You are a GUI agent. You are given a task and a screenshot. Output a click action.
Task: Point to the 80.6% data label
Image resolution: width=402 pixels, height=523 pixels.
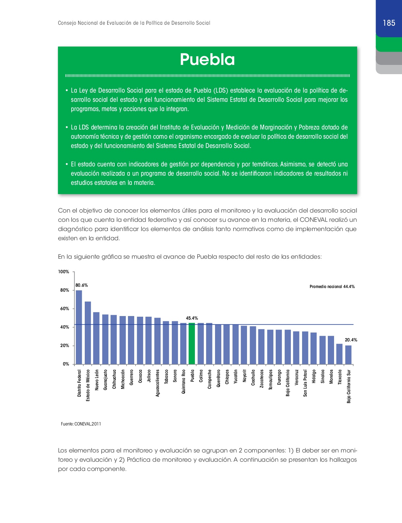pyautogui.click(x=81, y=285)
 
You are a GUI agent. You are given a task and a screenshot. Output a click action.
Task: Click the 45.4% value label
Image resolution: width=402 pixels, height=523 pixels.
pyautogui.click(x=192, y=318)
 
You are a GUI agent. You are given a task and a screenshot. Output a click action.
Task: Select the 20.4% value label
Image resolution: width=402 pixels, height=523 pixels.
pyautogui.click(x=351, y=340)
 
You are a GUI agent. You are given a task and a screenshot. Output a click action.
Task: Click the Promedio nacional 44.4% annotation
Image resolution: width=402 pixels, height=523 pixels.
pyautogui.click(x=332, y=287)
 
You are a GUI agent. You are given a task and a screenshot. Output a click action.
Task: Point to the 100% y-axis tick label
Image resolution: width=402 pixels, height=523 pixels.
pyautogui.click(x=64, y=272)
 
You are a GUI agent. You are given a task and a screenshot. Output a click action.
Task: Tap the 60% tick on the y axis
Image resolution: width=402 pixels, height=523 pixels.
pyautogui.click(x=65, y=309)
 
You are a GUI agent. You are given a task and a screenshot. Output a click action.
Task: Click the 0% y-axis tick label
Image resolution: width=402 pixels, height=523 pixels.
pyautogui.click(x=66, y=364)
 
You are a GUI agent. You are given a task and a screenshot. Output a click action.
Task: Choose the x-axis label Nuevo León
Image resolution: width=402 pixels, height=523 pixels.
pyautogui.click(x=97, y=380)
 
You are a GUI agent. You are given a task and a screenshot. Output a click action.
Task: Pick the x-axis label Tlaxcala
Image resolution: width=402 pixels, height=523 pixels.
pyautogui.click(x=340, y=377)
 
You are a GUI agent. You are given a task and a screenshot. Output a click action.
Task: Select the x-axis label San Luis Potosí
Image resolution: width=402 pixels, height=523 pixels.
pyautogui.click(x=305, y=383)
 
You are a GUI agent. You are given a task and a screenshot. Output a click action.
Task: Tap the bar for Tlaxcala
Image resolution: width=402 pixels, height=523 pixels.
pyautogui.click(x=339, y=354)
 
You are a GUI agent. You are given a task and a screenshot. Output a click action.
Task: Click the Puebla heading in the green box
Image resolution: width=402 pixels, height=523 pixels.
pyautogui.click(x=207, y=60)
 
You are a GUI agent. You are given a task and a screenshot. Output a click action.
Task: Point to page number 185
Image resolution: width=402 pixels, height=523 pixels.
pyautogui.click(x=389, y=23)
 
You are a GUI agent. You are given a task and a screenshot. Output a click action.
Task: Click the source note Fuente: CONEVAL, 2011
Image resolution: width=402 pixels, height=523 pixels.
pyautogui.click(x=81, y=424)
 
